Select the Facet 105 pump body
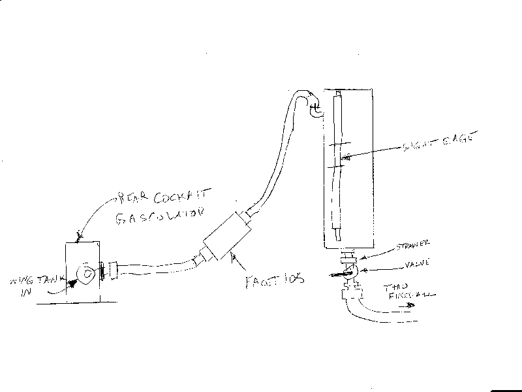(x=225, y=238)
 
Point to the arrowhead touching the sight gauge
(x=345, y=157)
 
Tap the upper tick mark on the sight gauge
(x=338, y=145)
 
